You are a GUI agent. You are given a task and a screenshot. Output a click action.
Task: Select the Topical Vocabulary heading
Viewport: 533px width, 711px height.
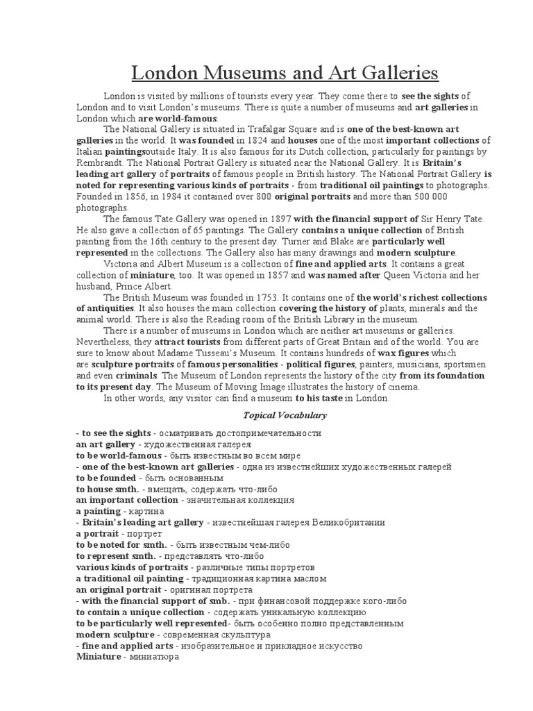[285, 415]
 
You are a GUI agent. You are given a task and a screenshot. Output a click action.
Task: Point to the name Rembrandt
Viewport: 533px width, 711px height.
[96, 163]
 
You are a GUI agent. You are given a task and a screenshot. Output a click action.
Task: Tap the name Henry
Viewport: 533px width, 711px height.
[452, 219]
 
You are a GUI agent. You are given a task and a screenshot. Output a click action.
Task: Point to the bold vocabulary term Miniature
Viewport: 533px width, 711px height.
[99, 657]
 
